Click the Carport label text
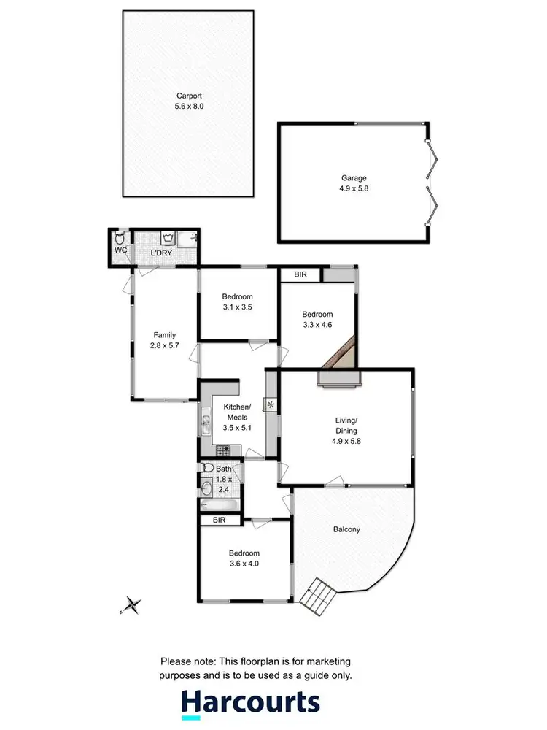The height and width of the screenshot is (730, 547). tap(187, 95)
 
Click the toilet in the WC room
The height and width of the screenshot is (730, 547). tap(120, 238)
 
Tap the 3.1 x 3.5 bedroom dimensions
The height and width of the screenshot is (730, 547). tap(238, 307)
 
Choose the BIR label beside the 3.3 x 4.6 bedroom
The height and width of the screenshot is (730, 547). tap(300, 274)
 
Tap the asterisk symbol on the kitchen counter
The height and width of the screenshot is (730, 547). tap(271, 404)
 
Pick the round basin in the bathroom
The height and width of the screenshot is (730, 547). tap(206, 488)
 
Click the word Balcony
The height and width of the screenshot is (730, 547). tap(348, 530)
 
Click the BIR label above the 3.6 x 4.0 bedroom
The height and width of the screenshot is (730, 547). tap(218, 520)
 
